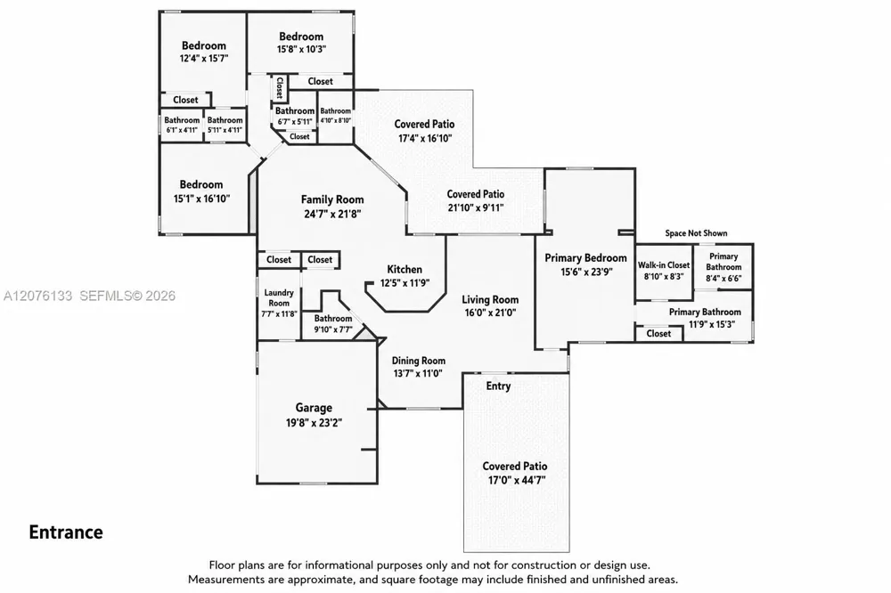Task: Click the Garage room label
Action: pos(314,407)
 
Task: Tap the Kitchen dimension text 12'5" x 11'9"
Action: pos(405,283)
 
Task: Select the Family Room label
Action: pos(332,199)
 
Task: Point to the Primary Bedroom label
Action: pos(586,258)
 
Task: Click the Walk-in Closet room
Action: pos(664,272)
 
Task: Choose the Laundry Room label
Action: pos(279,297)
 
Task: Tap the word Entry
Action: pos(498,386)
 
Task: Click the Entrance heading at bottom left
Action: pos(66,532)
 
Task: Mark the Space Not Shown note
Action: pos(696,233)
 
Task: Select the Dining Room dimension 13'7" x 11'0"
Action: pos(418,373)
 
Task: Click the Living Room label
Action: pos(490,299)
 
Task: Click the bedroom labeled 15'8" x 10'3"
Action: pos(301,43)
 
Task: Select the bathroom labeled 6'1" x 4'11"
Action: pos(182,125)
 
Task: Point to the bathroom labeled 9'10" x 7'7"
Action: pos(333,324)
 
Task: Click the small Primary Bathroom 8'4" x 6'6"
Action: pos(723,267)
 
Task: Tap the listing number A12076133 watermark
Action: pos(37,296)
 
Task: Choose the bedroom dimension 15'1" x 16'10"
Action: pos(201,199)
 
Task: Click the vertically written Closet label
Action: pos(280,87)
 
